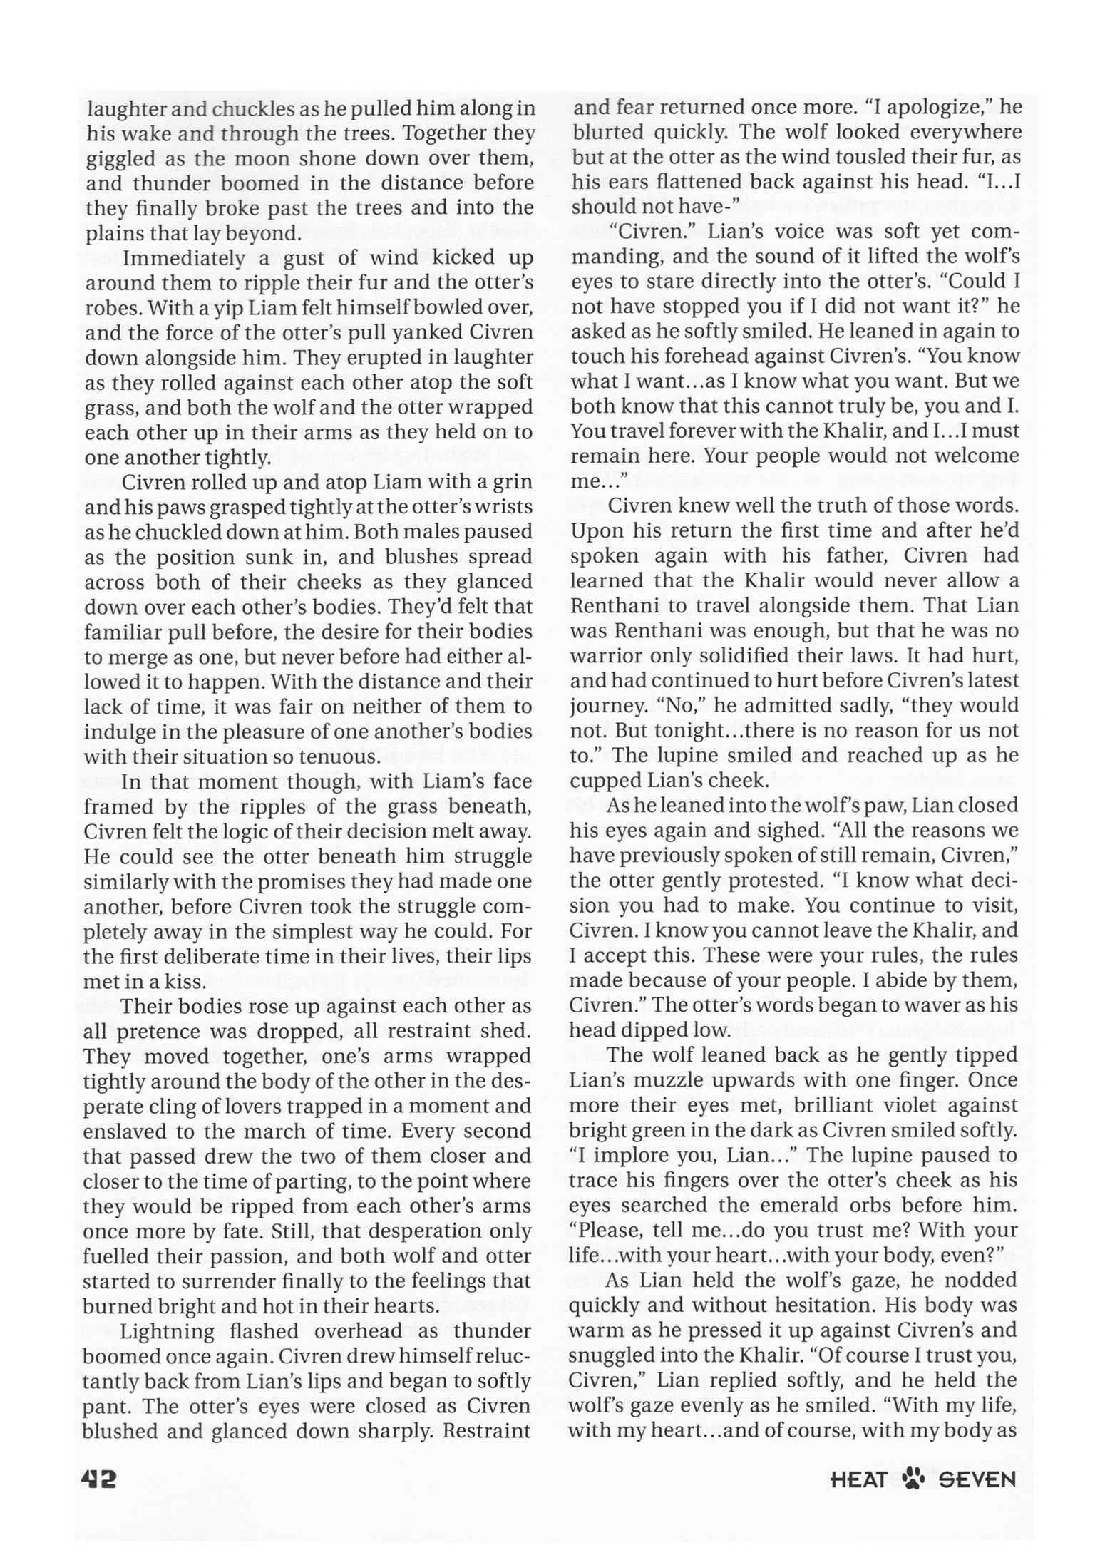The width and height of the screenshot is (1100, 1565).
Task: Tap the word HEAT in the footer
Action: pyautogui.click(x=858, y=1481)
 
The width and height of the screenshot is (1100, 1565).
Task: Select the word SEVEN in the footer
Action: pyautogui.click(x=977, y=1481)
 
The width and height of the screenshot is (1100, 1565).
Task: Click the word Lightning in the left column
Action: pyautogui.click(x=168, y=1331)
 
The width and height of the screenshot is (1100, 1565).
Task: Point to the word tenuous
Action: pyautogui.click(x=328, y=756)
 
